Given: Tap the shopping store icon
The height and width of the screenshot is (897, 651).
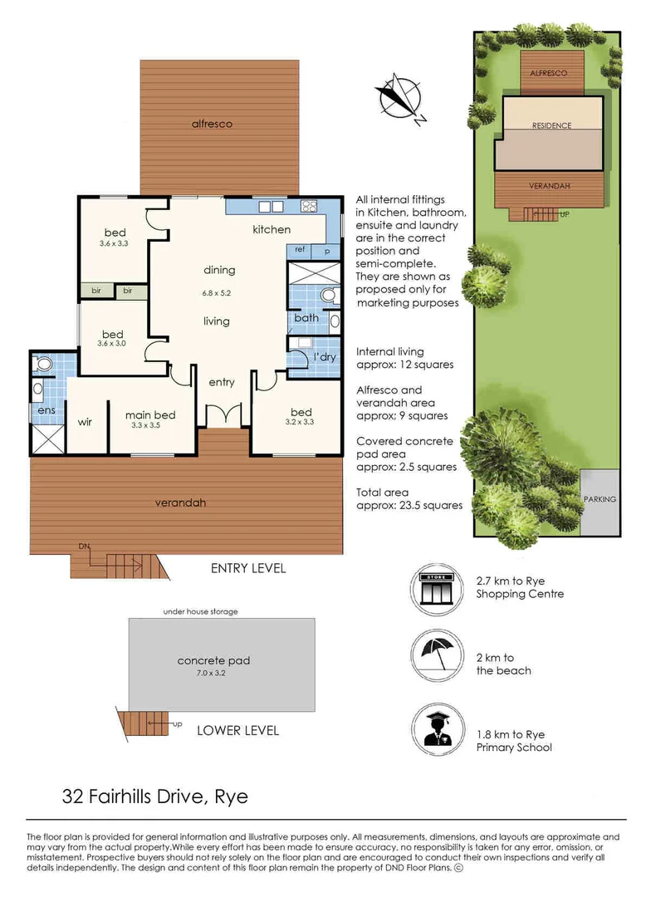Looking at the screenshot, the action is (x=437, y=589).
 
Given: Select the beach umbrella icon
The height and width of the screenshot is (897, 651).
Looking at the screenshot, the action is (x=437, y=655).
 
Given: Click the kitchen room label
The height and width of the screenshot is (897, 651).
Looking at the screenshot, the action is (x=272, y=229).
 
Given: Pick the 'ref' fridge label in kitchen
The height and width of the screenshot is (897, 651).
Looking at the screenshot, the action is (x=300, y=249).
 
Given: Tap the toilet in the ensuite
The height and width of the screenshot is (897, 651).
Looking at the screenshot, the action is (x=43, y=363).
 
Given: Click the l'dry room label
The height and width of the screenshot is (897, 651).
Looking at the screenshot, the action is (x=325, y=357).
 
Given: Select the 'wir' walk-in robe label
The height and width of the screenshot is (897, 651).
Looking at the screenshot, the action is (x=85, y=422).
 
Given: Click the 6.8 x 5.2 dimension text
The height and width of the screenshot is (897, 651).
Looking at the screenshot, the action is (x=216, y=293).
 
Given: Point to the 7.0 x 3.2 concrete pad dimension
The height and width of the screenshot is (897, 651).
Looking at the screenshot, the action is (x=211, y=673).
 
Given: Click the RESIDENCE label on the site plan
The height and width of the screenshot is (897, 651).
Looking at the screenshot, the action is (x=551, y=125).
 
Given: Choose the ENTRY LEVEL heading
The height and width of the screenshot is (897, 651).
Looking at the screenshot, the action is (x=248, y=568).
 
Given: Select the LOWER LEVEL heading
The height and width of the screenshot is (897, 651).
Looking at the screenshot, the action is (x=238, y=731).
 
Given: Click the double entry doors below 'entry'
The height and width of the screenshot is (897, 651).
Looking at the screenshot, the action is (x=224, y=414).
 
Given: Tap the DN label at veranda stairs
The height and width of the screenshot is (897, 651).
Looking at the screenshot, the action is (x=84, y=547).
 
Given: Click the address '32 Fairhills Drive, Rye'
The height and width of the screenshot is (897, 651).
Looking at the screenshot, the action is (x=155, y=797).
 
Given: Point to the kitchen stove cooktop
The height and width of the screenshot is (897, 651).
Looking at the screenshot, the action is (x=309, y=206).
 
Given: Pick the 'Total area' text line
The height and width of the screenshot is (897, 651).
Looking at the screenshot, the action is (x=382, y=492).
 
